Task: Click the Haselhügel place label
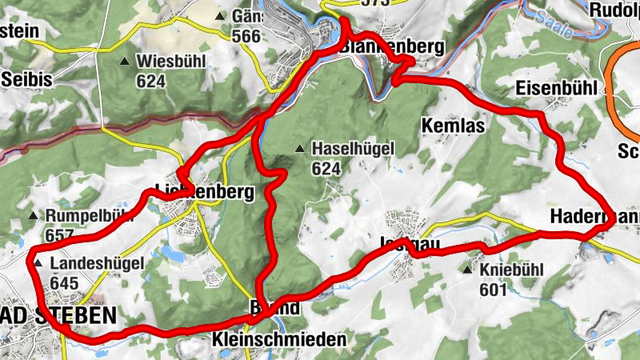pyautogui.click(x=343, y=149)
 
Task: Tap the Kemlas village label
pyautogui.click(x=450, y=126)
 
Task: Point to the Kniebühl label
pyautogui.click(x=512, y=270)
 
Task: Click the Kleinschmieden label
pyautogui.click(x=279, y=339)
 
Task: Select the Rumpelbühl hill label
pyautogui.click(x=88, y=216)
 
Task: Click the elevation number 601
pyautogui.click(x=494, y=289)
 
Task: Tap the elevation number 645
pyautogui.click(x=63, y=282)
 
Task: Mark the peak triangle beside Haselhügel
pyautogui.click(x=300, y=148)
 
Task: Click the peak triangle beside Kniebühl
pyautogui.click(x=468, y=270)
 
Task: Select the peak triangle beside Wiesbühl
pyautogui.click(x=124, y=62)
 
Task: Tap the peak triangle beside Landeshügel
pyautogui.click(x=38, y=262)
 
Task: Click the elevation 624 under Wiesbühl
pyautogui.click(x=150, y=81)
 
